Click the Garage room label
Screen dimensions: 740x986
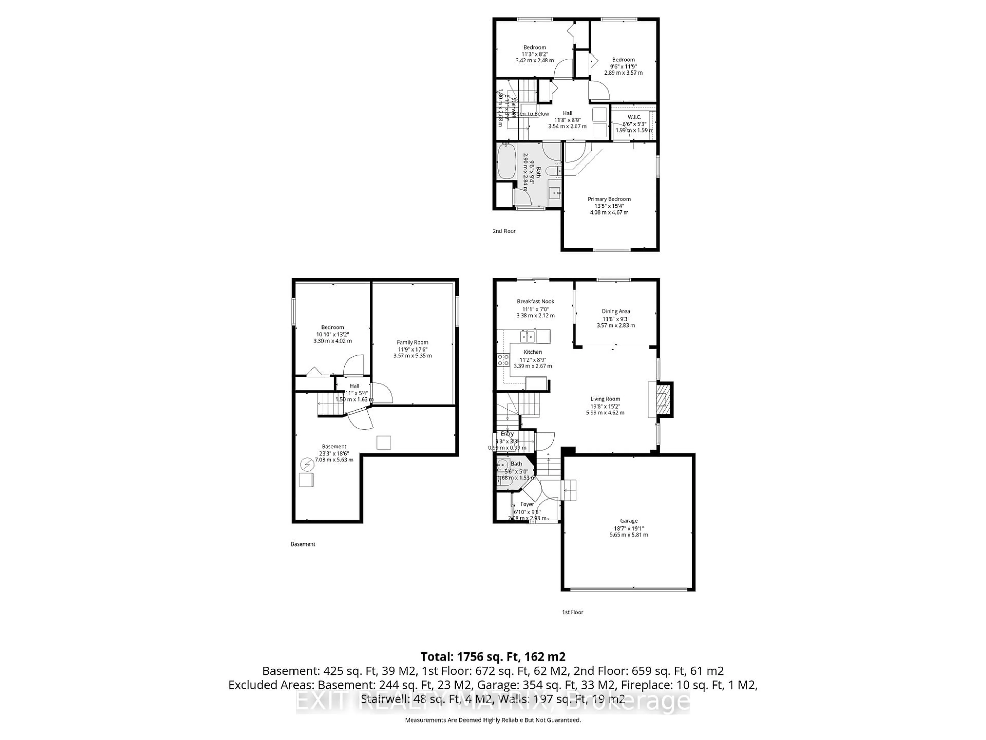click(629, 521)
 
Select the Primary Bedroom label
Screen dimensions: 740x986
click(609, 199)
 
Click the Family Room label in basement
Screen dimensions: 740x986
click(412, 343)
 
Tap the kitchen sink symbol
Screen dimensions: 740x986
click(527, 335)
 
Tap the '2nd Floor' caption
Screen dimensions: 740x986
click(504, 231)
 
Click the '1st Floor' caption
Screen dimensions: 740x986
click(572, 612)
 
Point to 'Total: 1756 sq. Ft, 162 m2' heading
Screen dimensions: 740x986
click(493, 656)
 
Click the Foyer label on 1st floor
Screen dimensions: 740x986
click(527, 504)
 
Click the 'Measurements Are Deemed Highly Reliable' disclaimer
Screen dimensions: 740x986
click(492, 720)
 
